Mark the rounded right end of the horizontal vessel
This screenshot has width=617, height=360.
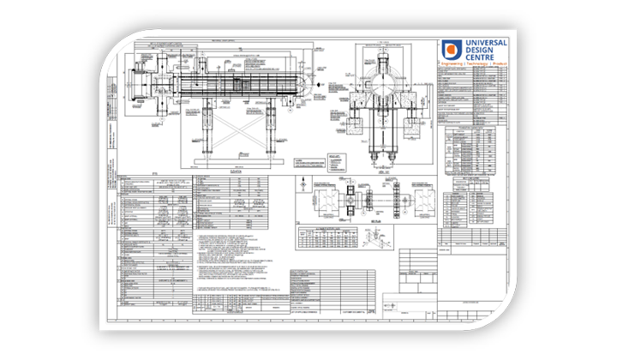(x=301, y=86)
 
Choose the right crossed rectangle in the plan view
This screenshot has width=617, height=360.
(x=396, y=197)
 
